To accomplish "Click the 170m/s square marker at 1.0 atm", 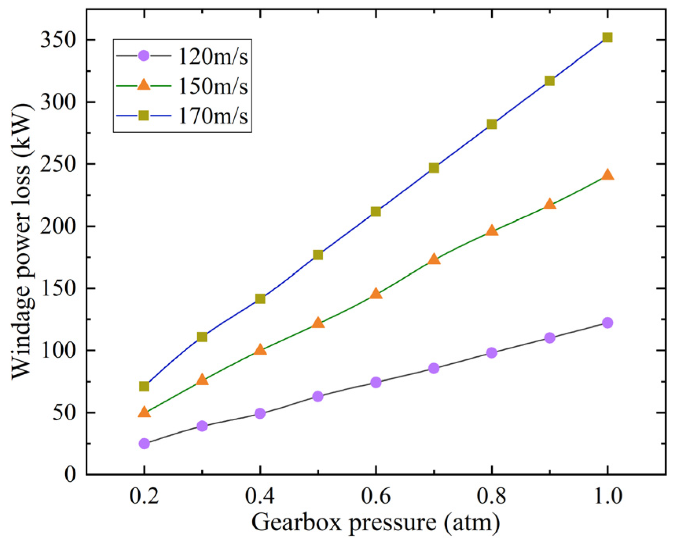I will point(607,38).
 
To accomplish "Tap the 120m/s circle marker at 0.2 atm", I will point(144,443).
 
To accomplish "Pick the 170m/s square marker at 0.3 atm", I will point(202,337).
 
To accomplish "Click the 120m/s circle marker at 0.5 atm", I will point(318,396).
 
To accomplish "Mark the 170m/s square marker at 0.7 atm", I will point(434,168).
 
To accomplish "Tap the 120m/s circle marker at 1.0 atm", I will point(607,323).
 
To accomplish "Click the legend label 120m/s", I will point(213,56).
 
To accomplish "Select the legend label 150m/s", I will point(213,86).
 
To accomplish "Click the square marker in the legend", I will point(144,115).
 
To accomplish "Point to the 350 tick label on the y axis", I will point(58,40).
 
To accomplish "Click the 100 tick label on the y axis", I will point(58,350).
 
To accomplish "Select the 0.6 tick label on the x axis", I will point(376,496).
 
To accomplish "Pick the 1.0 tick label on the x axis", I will point(607,496).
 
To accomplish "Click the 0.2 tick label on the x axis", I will point(144,496).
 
